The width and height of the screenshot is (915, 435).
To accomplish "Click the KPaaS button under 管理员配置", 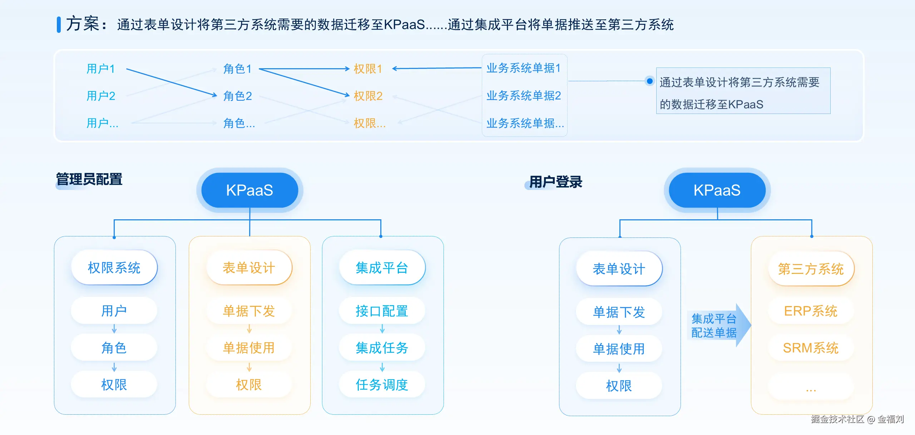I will click(x=249, y=190).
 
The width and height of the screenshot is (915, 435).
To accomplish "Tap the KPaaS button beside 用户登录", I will click(x=717, y=190).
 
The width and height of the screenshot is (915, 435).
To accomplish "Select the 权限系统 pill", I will click(x=114, y=268).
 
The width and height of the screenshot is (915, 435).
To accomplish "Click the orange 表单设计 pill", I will click(x=249, y=268).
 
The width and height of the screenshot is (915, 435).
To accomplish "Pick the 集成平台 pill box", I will click(x=382, y=268).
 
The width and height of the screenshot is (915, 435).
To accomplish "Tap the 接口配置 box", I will click(x=382, y=311).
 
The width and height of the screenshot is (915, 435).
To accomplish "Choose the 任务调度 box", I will click(x=382, y=385).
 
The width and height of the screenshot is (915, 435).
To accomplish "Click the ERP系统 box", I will click(x=811, y=311).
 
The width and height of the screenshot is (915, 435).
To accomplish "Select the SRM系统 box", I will click(x=811, y=348).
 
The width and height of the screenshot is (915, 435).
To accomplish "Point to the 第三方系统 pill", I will click(x=811, y=269).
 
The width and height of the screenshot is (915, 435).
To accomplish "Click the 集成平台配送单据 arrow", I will click(x=717, y=325).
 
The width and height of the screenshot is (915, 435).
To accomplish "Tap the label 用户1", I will click(x=101, y=69).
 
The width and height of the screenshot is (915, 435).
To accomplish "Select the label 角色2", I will click(x=238, y=96).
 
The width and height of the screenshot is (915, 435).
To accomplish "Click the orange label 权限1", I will click(x=368, y=69).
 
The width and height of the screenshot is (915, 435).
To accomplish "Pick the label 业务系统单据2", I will click(x=524, y=96).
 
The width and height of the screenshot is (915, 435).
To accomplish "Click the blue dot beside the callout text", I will click(x=650, y=81).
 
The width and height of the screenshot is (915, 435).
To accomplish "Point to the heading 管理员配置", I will click(x=89, y=179).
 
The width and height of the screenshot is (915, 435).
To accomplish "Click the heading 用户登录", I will click(x=555, y=182).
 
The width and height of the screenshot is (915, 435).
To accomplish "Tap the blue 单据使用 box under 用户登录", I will click(x=619, y=349).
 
